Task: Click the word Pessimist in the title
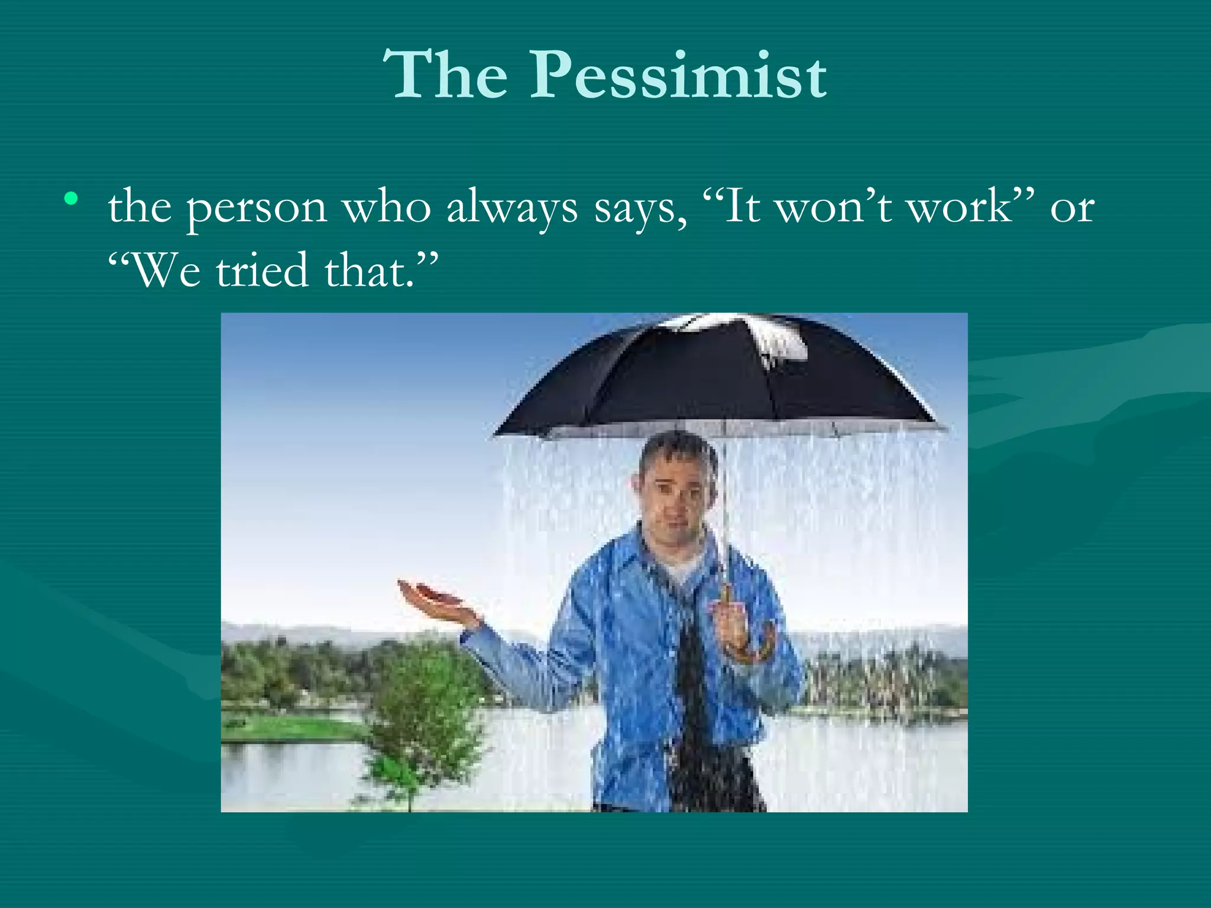coord(678,76)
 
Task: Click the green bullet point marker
coord(72,199)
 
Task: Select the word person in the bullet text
coord(257,208)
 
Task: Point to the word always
coord(512,208)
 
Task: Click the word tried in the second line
coord(262,271)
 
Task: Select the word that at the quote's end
coord(367,271)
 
